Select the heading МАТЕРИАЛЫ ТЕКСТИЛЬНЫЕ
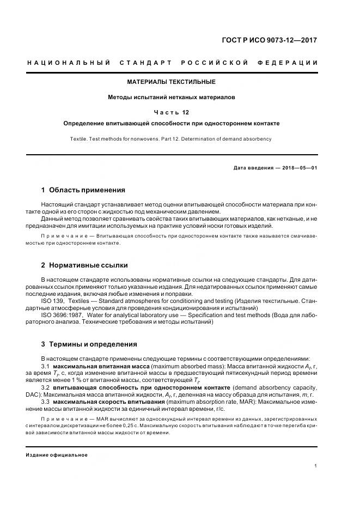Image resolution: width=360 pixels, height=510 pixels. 172,82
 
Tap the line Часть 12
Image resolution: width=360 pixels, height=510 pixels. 172,113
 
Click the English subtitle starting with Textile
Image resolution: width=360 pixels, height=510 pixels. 171,139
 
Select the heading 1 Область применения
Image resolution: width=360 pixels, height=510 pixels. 83,190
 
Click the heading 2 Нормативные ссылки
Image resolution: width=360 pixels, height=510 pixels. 84,265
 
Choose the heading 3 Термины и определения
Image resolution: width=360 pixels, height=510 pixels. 89,344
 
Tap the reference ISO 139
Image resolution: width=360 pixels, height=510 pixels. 52,301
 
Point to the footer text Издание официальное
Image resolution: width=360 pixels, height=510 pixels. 57,454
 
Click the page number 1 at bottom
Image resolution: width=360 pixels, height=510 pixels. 316,466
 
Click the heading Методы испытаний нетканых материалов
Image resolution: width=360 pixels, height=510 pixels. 172,98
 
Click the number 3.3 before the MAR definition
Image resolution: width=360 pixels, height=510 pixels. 46,401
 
